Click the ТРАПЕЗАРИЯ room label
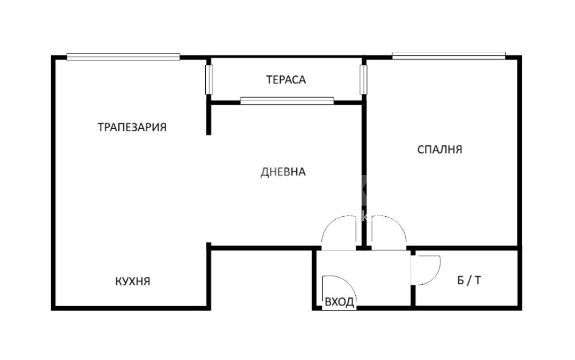[x=132, y=127]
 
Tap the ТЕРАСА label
[x=286, y=79]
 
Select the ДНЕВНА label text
[x=283, y=172]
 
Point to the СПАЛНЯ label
[x=440, y=150]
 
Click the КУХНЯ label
[x=133, y=282]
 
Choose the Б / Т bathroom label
[x=469, y=281]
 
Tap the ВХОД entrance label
[x=340, y=302]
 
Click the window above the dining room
[x=123, y=56]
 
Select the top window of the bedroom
[x=449, y=56]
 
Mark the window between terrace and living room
[x=287, y=101]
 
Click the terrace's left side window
[x=209, y=79]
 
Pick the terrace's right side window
[x=363, y=79]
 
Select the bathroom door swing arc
[x=435, y=274]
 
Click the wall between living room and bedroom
[x=364, y=174]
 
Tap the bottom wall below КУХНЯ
[x=131, y=308]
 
